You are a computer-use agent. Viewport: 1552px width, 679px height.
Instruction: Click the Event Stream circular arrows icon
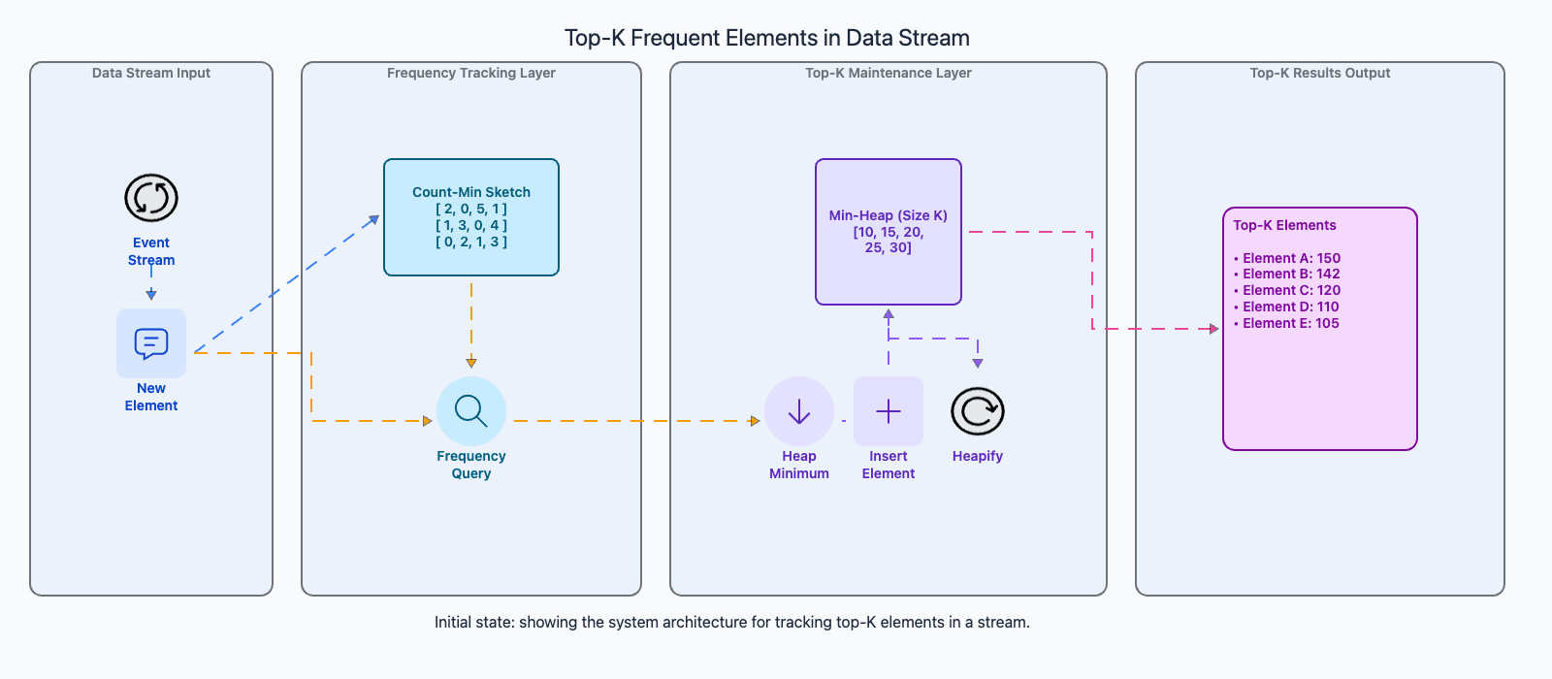coord(151,198)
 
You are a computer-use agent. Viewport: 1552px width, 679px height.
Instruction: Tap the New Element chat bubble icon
coord(151,343)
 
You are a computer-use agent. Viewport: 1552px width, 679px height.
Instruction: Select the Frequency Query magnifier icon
coord(471,411)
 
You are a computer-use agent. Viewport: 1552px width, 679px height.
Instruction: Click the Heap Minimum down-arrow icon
coord(799,411)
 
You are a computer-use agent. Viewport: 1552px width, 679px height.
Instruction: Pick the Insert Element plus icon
coord(889,411)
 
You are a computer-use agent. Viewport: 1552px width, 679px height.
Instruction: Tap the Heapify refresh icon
coord(978,411)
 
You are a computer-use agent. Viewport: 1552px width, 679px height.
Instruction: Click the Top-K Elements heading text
coord(1284,225)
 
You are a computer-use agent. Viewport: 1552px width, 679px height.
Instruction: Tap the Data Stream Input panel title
coord(151,73)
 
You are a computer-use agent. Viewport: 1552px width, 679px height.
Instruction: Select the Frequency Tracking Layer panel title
coord(471,73)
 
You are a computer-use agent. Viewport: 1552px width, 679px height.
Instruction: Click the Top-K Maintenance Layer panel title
coord(889,73)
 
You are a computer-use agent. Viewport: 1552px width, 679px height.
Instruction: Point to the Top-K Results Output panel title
coord(1320,73)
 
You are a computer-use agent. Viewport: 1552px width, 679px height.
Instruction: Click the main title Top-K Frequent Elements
coord(766,38)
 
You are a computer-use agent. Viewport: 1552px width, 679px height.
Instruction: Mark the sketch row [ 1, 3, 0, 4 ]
coord(471,225)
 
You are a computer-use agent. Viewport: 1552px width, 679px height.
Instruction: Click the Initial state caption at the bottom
coord(732,622)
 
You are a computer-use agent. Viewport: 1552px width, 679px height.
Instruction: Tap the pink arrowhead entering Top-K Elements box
coord(1213,329)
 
